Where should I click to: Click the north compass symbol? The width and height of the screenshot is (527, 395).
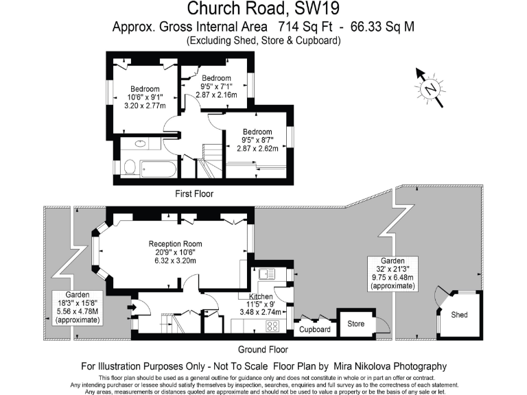point(430,87)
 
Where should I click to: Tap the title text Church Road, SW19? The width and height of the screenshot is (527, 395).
point(263,10)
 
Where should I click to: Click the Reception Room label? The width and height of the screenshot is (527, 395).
point(176,243)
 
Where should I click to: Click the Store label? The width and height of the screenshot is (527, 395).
point(355,323)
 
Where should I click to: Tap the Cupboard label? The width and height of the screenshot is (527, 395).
point(315,330)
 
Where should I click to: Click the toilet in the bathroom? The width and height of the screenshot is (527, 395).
point(128,165)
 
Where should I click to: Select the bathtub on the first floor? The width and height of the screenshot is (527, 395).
point(158,167)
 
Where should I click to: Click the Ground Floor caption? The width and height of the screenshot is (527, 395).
point(263,348)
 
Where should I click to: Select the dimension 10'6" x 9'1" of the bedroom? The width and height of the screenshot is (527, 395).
point(145,97)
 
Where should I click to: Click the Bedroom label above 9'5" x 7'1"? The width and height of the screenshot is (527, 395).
point(216,77)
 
